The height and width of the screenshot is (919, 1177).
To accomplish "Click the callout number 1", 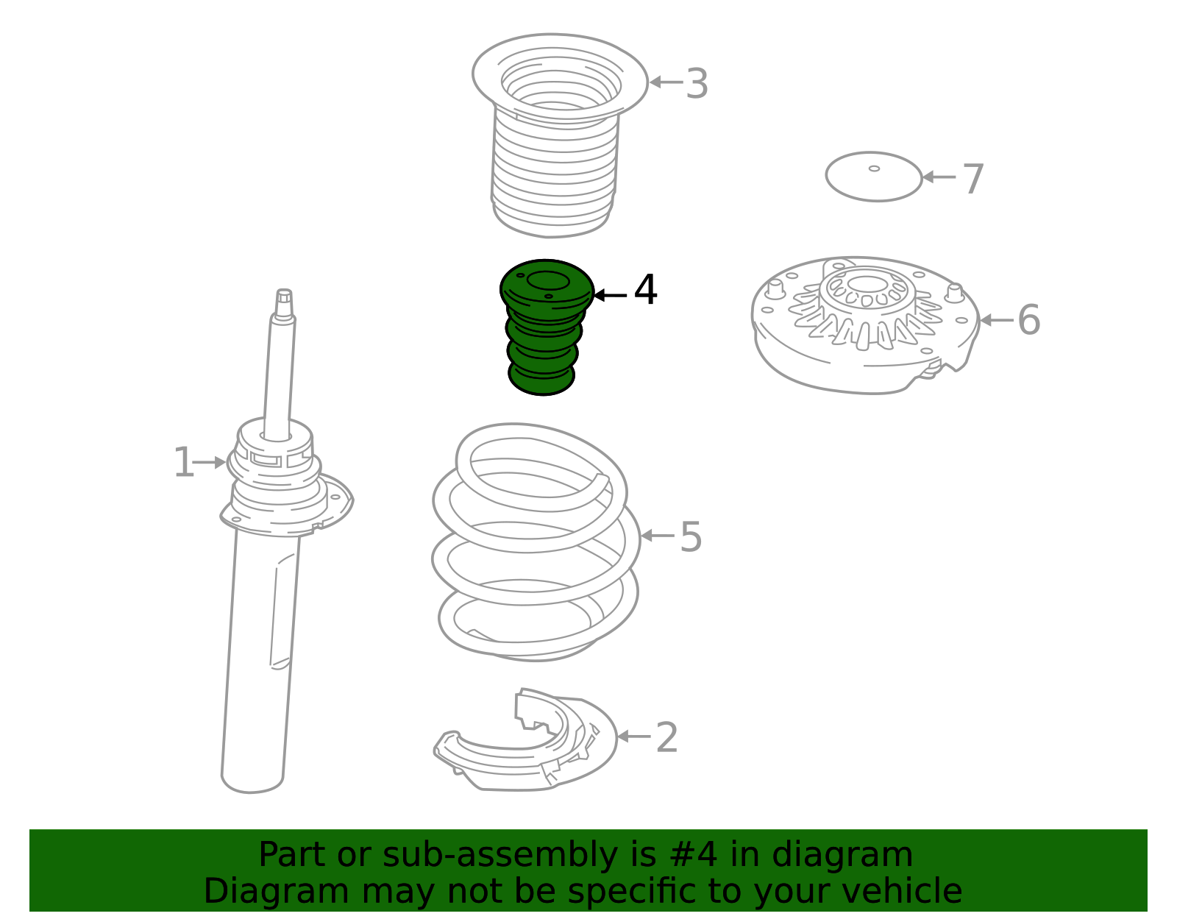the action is (x=184, y=462).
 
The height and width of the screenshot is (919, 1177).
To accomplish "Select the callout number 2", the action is (x=666, y=737).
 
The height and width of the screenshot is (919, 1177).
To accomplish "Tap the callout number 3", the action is (x=697, y=83).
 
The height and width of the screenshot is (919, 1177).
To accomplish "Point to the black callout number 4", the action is (x=645, y=289).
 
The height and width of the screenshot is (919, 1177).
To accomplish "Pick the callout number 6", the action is (x=1029, y=319).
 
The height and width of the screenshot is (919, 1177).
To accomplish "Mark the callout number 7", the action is (x=973, y=179).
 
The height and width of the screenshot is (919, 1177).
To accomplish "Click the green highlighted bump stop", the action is (x=546, y=327).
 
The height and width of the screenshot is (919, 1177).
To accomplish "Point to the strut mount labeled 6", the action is (x=865, y=325).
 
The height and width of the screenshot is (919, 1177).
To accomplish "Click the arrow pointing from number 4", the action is (x=611, y=295).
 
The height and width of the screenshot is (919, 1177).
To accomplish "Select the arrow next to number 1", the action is (x=209, y=463).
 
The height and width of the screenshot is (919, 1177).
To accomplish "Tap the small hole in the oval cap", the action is (x=874, y=168).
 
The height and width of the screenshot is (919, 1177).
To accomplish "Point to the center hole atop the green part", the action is (x=547, y=280).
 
